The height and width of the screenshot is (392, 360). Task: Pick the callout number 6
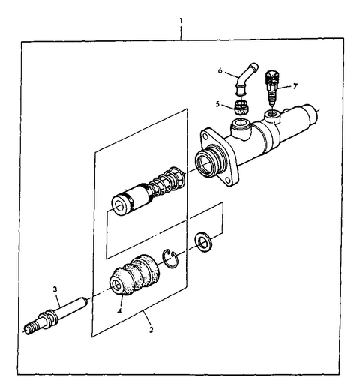(220, 71)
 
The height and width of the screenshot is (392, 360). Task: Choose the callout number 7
(295, 85)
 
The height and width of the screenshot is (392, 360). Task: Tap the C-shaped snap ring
(171, 259)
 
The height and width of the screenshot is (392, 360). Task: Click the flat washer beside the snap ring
(202, 241)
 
